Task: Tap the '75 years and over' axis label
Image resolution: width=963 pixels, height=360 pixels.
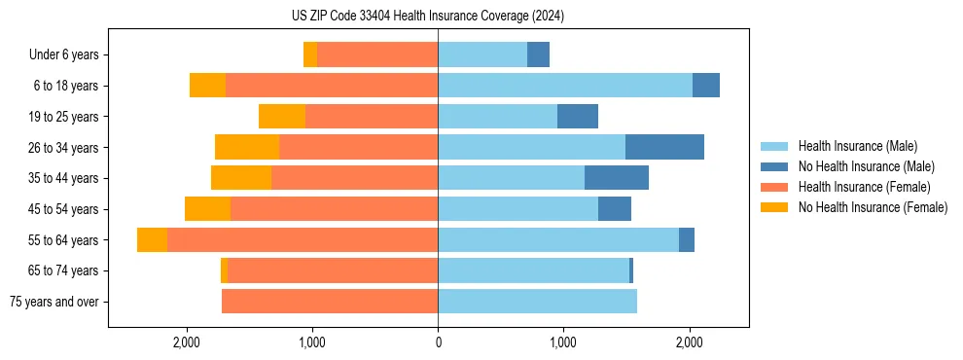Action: [53, 302]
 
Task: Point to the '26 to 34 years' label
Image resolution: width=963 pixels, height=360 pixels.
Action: [63, 147]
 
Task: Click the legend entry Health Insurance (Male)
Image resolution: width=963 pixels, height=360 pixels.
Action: [857, 146]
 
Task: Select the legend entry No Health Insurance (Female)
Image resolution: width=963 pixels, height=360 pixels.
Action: [873, 207]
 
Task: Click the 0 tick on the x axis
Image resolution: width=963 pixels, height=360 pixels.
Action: [438, 342]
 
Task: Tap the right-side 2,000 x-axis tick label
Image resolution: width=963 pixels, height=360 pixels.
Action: [689, 342]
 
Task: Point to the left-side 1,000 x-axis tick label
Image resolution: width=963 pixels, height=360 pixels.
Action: [312, 342]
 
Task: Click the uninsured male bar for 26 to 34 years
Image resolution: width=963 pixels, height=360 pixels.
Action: [664, 147]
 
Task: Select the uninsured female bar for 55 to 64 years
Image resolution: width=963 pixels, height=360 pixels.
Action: [152, 240]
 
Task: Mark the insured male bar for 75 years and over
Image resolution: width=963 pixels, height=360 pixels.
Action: [537, 302]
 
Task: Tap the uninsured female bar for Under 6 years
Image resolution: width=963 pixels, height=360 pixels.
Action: [310, 54]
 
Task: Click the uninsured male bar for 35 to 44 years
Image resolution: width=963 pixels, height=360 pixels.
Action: [617, 178]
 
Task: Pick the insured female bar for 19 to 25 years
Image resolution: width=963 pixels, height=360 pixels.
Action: [372, 117]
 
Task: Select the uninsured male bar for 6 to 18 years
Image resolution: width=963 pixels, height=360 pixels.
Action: [706, 86]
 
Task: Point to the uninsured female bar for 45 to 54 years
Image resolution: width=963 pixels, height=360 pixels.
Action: [207, 209]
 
